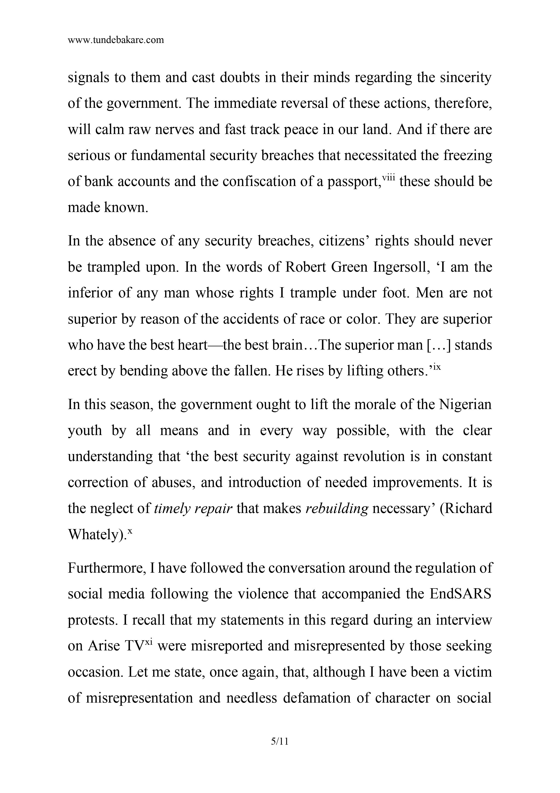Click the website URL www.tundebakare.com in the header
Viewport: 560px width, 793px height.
pos(116,40)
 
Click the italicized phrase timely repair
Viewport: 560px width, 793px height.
pos(193,509)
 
